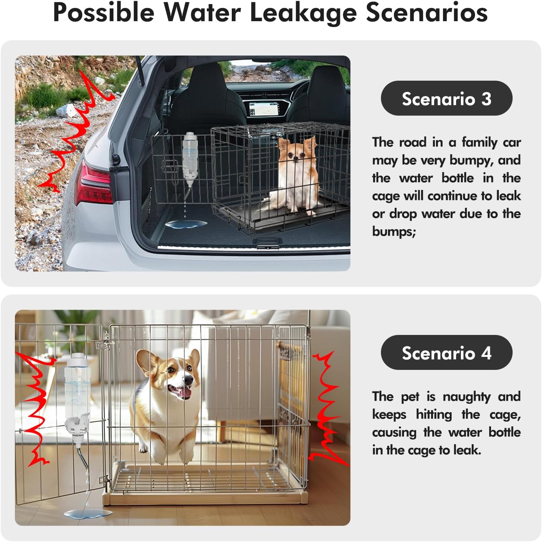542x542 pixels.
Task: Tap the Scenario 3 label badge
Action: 446,98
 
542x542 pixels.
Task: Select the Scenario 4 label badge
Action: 446,352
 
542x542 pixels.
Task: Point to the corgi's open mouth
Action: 180,391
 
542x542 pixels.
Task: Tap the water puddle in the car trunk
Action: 186,224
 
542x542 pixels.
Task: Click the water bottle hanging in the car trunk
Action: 190,159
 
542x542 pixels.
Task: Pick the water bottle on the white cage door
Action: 77,399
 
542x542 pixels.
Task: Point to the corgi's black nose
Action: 188,380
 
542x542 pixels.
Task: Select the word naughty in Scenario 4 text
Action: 466,397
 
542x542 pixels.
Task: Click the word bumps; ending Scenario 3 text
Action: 394,232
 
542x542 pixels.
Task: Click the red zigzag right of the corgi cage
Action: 327,408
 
